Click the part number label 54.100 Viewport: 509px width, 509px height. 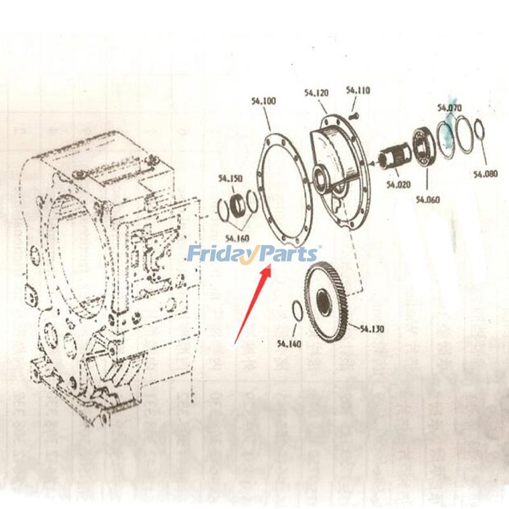(x=263, y=101)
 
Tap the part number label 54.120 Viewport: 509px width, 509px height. (x=316, y=93)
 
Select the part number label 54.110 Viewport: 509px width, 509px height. (x=358, y=91)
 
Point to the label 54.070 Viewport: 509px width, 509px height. (x=449, y=108)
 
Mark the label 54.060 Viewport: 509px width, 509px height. (x=428, y=199)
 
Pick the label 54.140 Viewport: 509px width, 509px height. (x=289, y=344)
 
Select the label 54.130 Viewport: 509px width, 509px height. (x=372, y=329)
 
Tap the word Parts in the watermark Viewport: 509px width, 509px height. (x=288, y=254)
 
